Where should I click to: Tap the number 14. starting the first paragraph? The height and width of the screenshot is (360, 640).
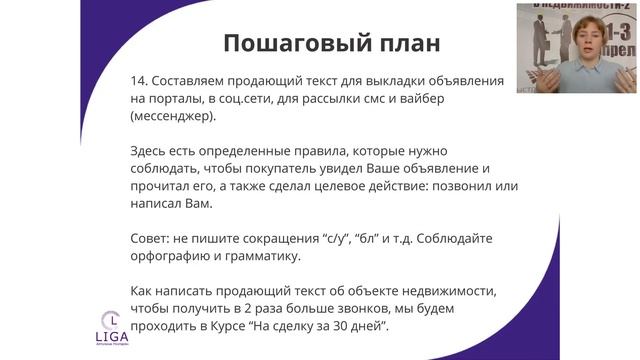[141, 79]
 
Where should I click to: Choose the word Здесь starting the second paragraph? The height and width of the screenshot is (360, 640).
[152, 153]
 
